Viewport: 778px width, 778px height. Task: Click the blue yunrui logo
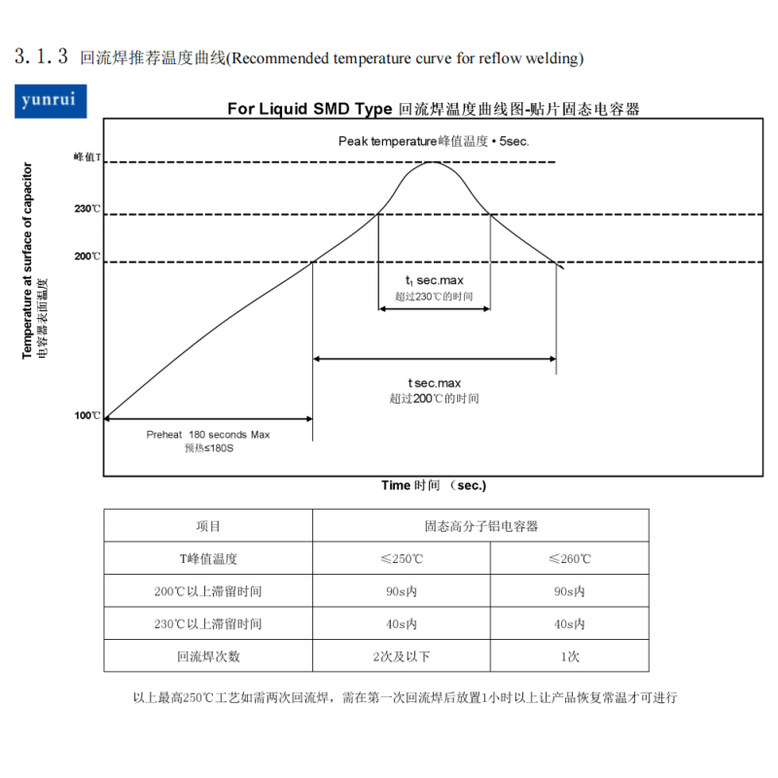click(x=51, y=101)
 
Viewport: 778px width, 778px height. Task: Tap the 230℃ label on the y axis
click(x=88, y=209)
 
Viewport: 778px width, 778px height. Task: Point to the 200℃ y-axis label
click(x=88, y=257)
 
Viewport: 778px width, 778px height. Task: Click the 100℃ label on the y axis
click(x=88, y=416)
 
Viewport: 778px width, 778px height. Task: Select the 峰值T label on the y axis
click(x=88, y=158)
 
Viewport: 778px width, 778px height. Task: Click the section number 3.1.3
click(x=41, y=56)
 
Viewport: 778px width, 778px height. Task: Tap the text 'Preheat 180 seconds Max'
click(x=208, y=435)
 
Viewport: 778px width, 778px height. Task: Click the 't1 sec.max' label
click(x=434, y=281)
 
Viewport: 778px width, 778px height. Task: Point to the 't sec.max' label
click(x=434, y=383)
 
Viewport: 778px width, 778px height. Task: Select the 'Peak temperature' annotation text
click(x=387, y=141)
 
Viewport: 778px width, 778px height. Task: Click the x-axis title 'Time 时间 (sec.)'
click(x=434, y=485)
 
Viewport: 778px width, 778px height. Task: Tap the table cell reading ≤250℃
click(x=402, y=558)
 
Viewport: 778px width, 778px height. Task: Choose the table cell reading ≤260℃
click(x=570, y=558)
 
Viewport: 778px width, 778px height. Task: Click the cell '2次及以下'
click(x=402, y=656)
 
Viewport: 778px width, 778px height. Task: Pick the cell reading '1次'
click(x=570, y=656)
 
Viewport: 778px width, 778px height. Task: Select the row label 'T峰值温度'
click(x=208, y=558)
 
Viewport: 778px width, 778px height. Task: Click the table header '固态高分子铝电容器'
click(x=480, y=526)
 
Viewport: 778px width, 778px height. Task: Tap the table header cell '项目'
click(x=208, y=526)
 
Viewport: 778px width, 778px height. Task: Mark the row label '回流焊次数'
click(x=208, y=656)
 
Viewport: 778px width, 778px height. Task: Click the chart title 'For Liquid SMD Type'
click(x=309, y=109)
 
